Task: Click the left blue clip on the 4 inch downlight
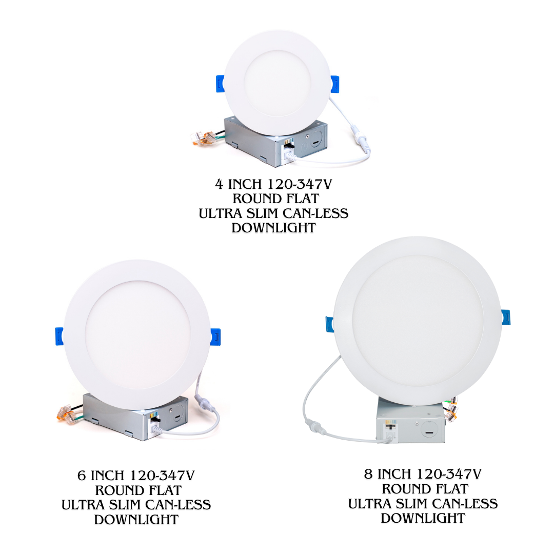(219, 83)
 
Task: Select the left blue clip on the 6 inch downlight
(59, 335)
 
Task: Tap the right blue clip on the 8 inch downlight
(505, 317)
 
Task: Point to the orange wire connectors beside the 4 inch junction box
(203, 137)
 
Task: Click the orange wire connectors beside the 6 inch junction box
(64, 411)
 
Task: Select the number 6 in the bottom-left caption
(82, 475)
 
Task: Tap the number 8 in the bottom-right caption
(368, 473)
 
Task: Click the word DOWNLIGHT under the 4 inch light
(273, 228)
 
